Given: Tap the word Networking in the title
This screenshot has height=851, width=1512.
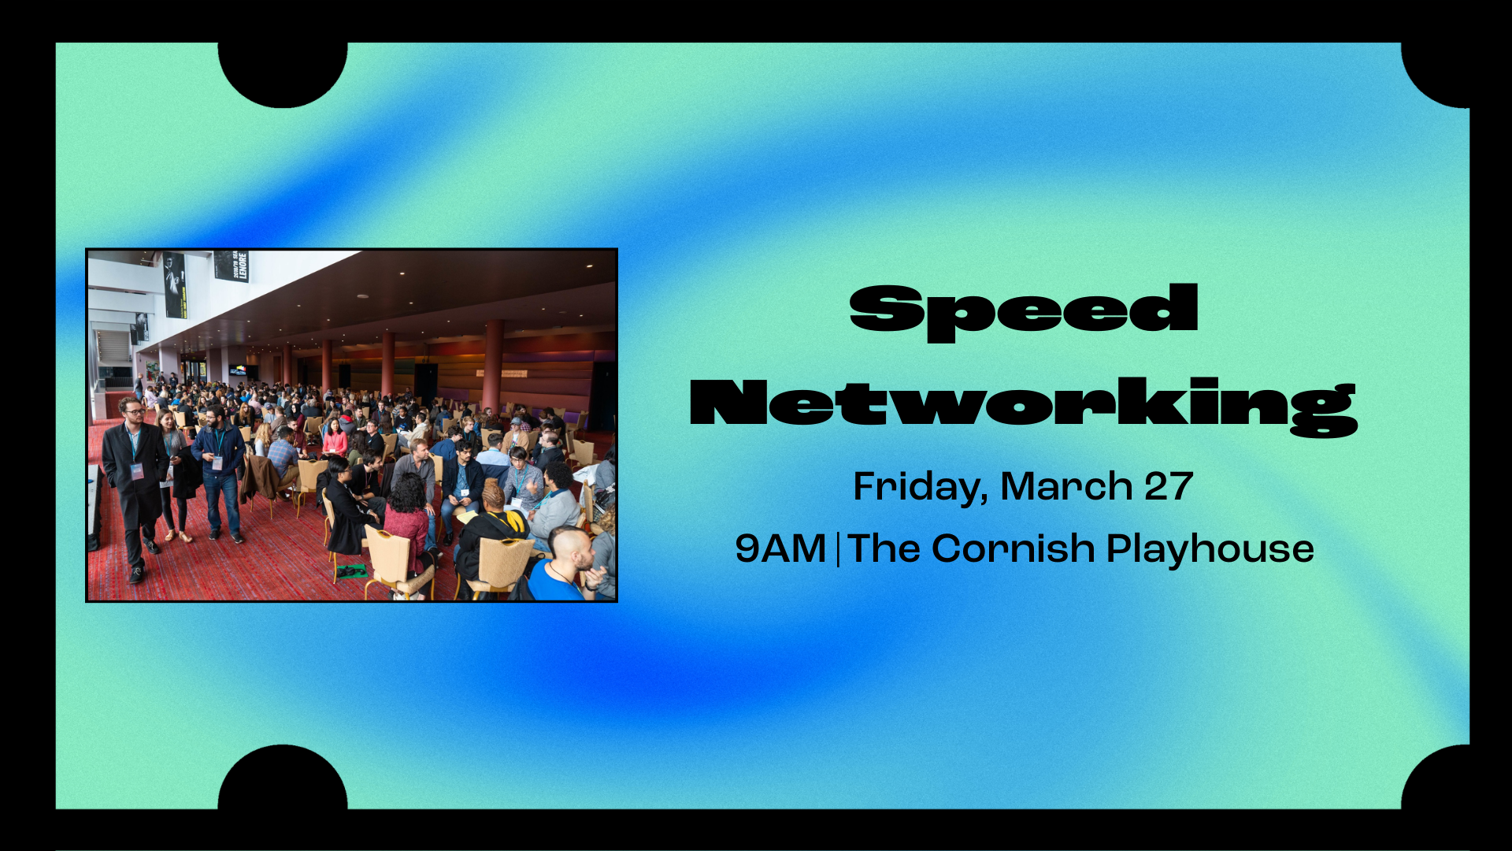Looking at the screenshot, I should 1024,403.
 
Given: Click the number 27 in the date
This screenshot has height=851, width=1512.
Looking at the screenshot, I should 1169,486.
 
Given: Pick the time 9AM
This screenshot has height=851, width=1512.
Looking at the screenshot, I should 780,548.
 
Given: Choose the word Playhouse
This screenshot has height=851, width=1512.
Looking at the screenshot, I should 1210,549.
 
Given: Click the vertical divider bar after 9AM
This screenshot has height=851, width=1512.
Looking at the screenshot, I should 837,549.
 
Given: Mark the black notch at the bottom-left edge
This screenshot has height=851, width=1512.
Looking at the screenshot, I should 283,780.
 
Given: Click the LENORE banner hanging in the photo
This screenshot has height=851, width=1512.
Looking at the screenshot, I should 232,266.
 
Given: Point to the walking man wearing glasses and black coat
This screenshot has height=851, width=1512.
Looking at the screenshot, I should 136,481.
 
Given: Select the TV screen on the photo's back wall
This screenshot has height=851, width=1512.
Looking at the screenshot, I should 238,370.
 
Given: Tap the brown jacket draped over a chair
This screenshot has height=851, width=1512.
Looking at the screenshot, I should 261,477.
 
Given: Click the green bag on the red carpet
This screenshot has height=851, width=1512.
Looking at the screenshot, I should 350,570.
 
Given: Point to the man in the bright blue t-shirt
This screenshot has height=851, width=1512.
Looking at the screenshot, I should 559,571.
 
